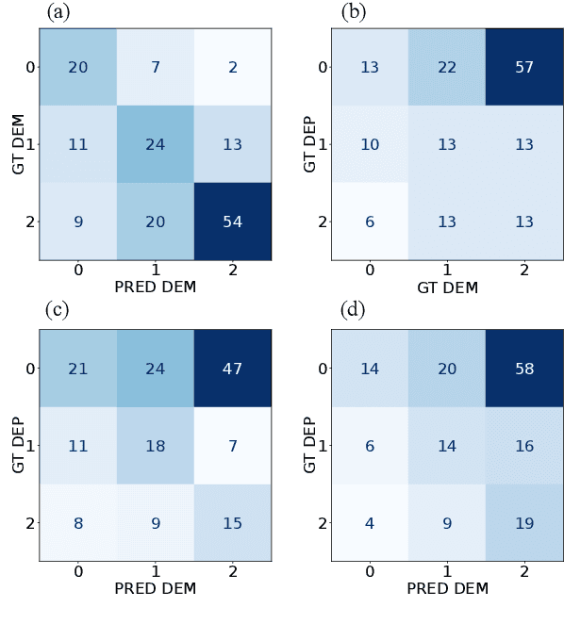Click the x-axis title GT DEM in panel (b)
(x=447, y=287)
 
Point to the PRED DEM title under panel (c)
(x=155, y=588)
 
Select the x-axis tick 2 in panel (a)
(x=232, y=271)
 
